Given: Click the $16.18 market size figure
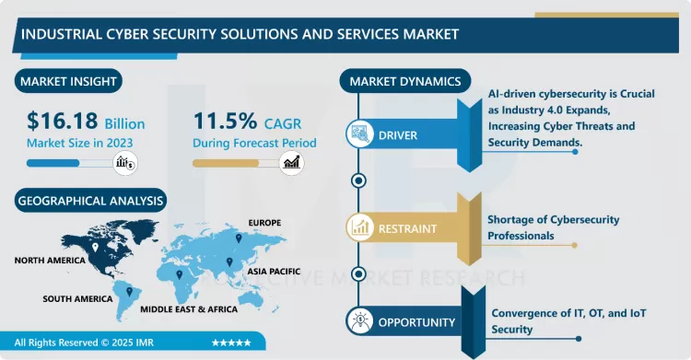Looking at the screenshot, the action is click(62, 122).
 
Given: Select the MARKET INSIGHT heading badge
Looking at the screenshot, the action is click(68, 82).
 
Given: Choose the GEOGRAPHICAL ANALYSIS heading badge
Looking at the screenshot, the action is click(90, 200).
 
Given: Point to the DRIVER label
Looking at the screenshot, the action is click(397, 135).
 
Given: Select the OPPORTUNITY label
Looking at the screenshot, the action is click(416, 322).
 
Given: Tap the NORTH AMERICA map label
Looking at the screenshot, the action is click(50, 261).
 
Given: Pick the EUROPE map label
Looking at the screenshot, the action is click(264, 223).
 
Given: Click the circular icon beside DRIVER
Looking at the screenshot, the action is click(358, 135).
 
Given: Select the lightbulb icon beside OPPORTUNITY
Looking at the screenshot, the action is click(358, 321).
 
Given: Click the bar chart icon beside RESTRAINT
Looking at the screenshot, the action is click(358, 226).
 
